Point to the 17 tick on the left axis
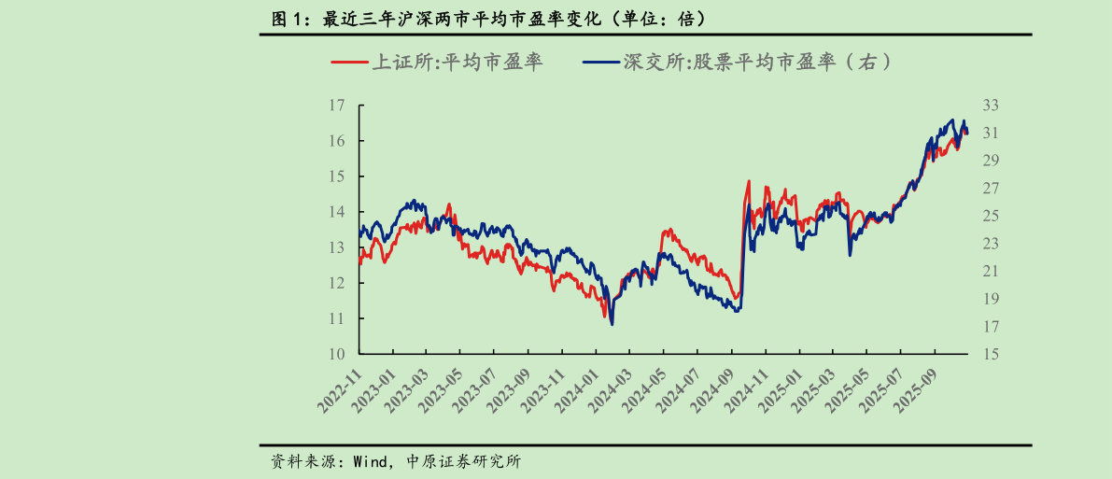[x=338, y=106]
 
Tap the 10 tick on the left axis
[x=338, y=354]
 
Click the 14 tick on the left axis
[x=338, y=212]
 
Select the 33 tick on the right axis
[x=992, y=106]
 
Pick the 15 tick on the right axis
[x=992, y=354]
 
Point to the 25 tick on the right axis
[x=992, y=216]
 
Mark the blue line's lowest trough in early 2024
[x=612, y=324]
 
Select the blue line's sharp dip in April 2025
[x=850, y=255]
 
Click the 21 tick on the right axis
[x=992, y=271]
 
